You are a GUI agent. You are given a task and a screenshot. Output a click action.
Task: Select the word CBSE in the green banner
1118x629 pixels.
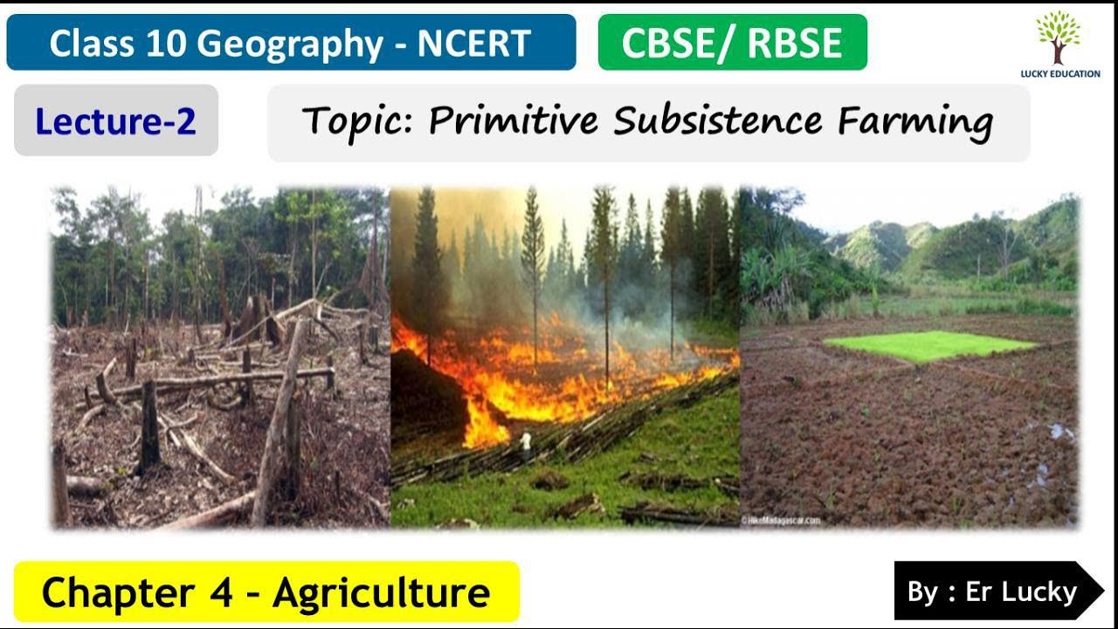pyautogui.click(x=672, y=44)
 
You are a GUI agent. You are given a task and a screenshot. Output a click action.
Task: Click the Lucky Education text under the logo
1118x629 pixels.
pyautogui.click(x=1059, y=74)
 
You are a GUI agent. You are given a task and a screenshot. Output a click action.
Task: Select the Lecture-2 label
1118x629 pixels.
pyautogui.click(x=115, y=121)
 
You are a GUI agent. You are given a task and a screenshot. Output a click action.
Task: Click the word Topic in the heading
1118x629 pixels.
pyautogui.click(x=358, y=122)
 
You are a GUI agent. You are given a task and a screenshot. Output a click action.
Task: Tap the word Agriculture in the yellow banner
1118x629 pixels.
pyautogui.click(x=381, y=592)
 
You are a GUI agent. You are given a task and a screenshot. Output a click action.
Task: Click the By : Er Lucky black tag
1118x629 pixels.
pyautogui.click(x=991, y=591)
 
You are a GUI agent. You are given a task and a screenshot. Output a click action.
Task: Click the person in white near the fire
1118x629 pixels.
pyautogui.click(x=526, y=444)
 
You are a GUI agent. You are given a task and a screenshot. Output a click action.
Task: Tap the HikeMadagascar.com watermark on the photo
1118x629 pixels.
pyautogui.click(x=781, y=521)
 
